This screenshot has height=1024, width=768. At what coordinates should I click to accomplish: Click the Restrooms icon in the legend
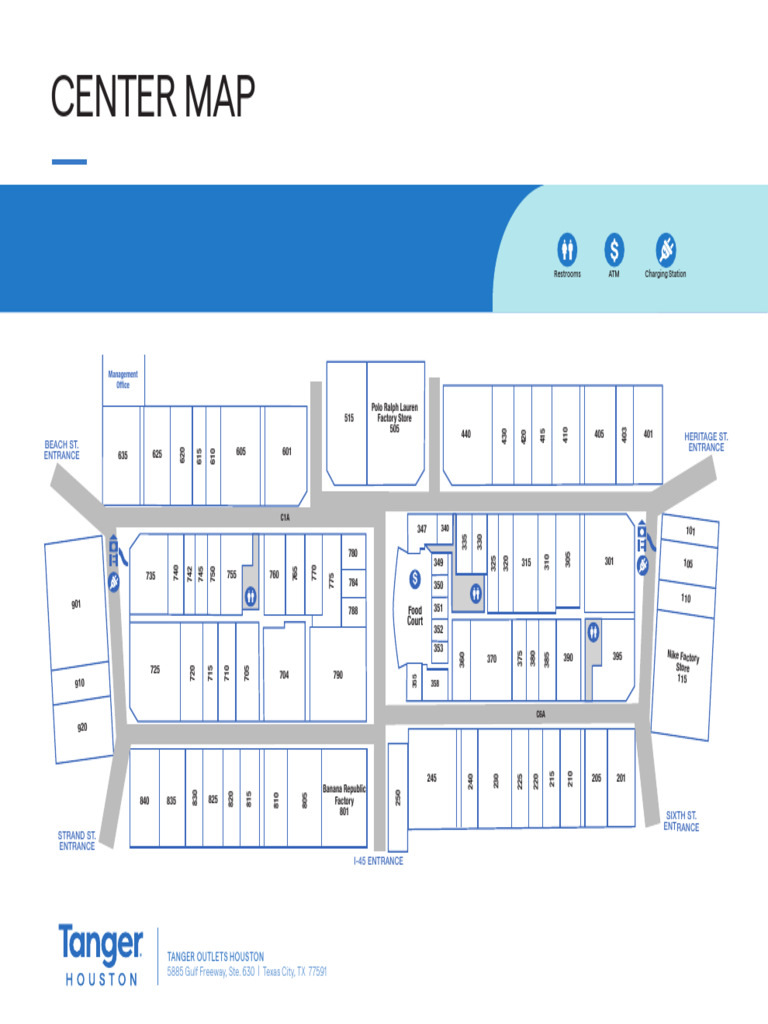567,249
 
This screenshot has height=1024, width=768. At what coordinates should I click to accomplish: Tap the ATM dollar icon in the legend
615,249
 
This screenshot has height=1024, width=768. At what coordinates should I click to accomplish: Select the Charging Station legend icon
666,249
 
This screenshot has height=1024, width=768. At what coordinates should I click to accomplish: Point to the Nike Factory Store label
683,667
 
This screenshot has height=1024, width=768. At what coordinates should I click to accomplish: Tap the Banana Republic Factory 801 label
344,799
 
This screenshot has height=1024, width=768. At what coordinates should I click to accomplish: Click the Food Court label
415,615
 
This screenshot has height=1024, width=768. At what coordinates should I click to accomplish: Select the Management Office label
123,379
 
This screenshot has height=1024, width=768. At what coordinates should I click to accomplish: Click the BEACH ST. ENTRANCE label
61,449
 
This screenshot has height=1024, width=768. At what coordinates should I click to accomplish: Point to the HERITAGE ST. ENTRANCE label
706,442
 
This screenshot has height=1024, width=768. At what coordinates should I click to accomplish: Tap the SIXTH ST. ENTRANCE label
681,821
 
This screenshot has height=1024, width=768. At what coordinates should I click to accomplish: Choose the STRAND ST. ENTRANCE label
77,840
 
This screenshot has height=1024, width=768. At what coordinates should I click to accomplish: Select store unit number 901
76,605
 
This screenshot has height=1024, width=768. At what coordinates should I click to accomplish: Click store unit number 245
432,778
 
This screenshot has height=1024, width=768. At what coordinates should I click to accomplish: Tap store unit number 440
466,434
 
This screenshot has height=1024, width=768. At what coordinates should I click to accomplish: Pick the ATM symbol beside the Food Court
415,579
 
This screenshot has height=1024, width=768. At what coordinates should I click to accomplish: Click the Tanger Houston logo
100,955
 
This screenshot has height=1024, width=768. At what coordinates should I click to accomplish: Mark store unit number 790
338,675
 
